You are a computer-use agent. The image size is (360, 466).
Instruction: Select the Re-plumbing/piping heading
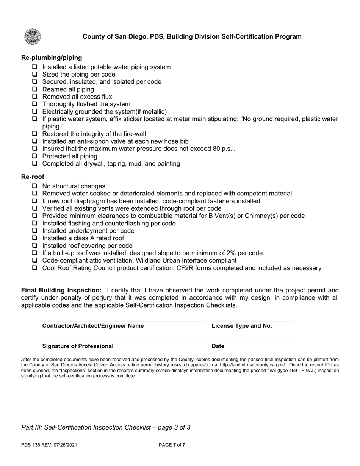(52, 58)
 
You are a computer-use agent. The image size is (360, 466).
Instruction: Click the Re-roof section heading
(33, 177)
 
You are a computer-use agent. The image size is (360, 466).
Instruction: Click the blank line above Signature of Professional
(124, 340)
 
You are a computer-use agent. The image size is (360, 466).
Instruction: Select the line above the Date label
(252, 340)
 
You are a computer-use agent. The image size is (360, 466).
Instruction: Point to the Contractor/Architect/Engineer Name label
(93, 326)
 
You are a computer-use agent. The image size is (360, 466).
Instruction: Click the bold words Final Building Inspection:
(61, 291)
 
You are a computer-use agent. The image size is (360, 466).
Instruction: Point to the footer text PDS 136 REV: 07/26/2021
(49, 445)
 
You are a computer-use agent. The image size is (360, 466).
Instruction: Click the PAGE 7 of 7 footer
(172, 445)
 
